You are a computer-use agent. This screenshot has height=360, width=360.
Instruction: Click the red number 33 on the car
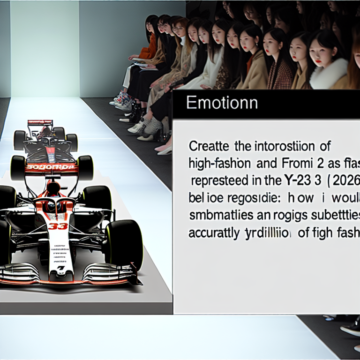[58, 226]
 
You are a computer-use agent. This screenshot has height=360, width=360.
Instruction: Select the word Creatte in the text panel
[210, 147]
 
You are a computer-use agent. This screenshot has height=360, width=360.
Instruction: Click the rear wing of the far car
[40, 123]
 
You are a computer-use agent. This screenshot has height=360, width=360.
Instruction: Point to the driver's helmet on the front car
[53, 188]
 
